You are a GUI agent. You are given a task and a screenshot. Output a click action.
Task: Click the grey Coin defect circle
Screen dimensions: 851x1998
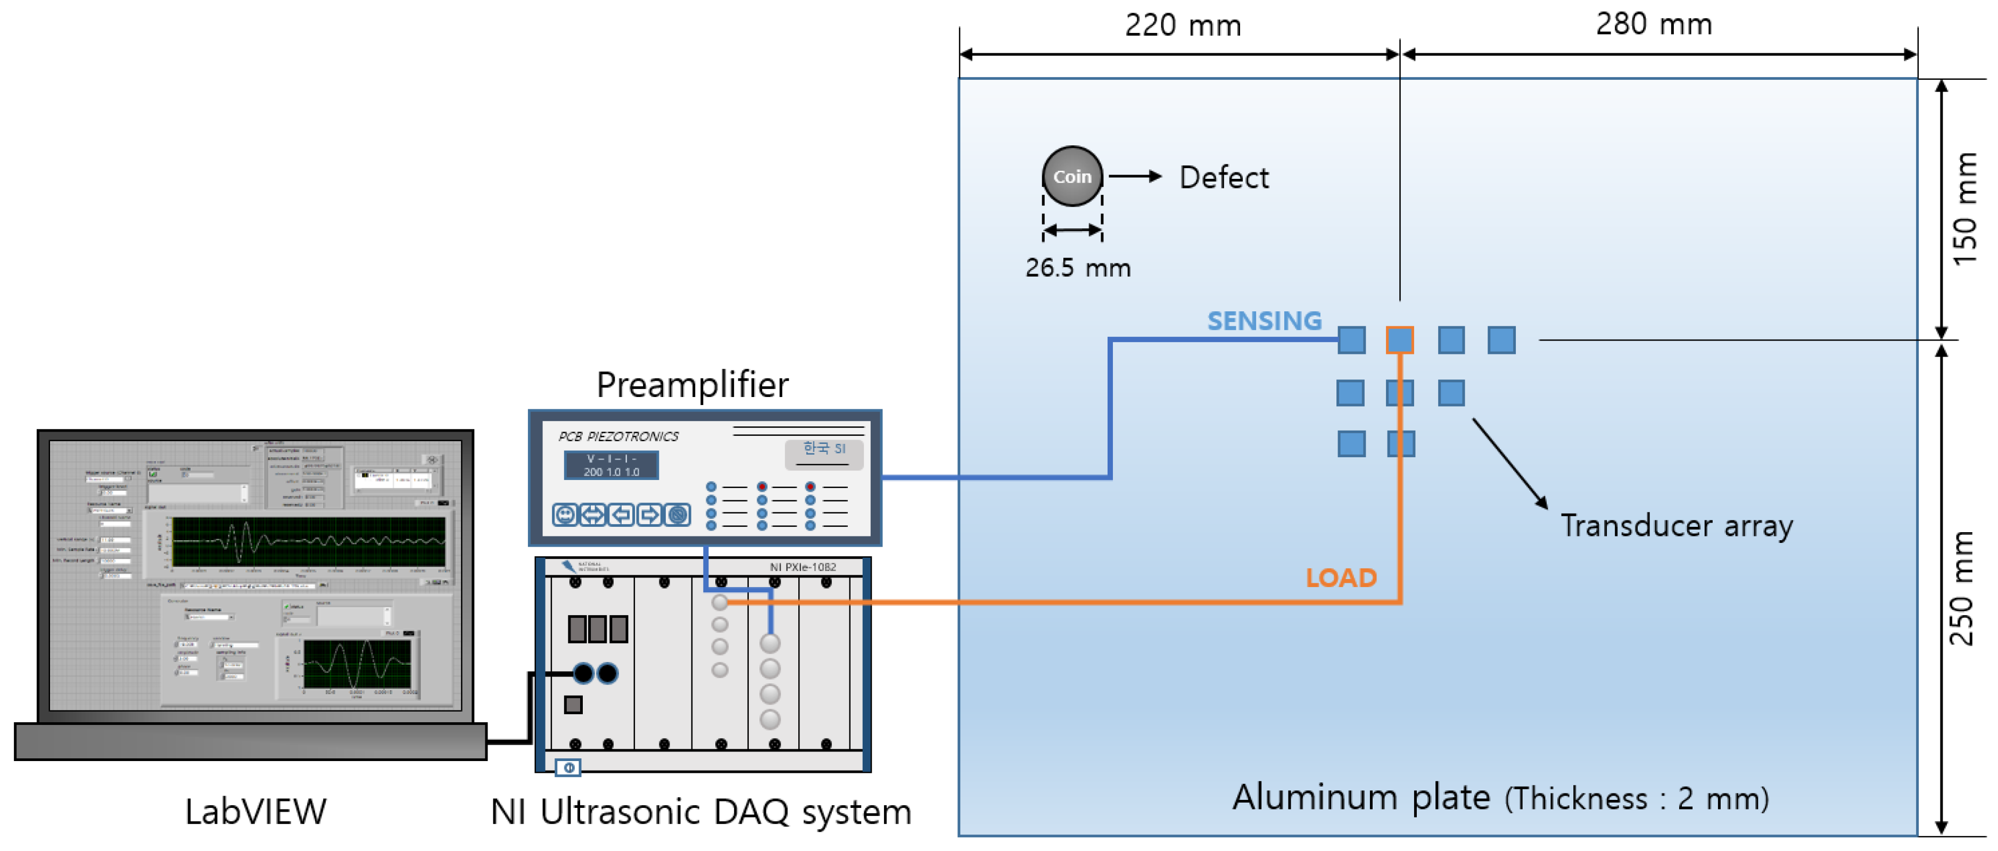point(1072,176)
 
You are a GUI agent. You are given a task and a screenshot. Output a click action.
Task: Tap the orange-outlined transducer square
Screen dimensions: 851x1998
point(1399,340)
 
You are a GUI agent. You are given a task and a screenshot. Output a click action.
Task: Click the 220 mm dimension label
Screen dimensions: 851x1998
point(1182,25)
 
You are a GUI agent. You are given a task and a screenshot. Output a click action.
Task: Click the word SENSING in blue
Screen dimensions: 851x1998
point(1264,320)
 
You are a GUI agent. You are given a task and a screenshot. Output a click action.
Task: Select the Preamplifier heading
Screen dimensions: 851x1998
point(692,385)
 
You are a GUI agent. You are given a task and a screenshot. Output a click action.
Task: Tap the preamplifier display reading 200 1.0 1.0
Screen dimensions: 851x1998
point(611,466)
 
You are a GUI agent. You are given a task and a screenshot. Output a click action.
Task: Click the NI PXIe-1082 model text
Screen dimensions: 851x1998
point(802,567)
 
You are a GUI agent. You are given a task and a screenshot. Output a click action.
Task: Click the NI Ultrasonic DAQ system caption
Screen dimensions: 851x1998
point(700,812)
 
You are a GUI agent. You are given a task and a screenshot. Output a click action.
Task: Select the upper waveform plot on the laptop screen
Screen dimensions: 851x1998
point(308,541)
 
